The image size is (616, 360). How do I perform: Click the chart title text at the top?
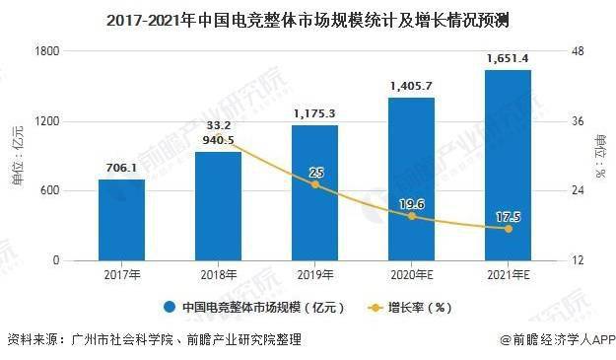coord(308,18)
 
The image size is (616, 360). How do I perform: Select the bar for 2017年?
coord(121,220)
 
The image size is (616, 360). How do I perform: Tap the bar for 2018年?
coord(218,206)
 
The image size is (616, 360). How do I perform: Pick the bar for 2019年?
coord(314,193)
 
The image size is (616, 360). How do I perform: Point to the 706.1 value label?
coord(121,169)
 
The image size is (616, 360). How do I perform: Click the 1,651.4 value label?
coord(508,59)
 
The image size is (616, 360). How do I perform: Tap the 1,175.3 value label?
coord(314,114)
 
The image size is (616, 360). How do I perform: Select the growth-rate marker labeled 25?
coord(315,184)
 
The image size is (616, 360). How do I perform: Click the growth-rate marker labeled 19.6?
coord(412,216)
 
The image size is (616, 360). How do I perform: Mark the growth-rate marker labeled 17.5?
coord(509,228)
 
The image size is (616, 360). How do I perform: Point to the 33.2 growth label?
coord(218,125)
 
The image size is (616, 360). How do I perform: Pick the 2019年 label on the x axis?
coord(314,275)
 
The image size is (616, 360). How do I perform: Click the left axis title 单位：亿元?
coord(17,156)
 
